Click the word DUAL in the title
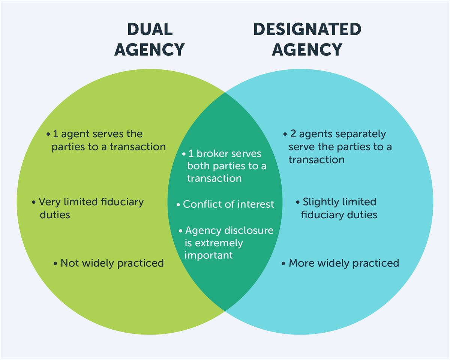150,30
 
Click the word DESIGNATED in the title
307,30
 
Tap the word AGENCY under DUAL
150,49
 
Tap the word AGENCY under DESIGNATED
307,49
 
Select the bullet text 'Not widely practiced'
112,263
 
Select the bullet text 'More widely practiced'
343,263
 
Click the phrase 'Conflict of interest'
228,204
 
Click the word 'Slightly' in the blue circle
320,202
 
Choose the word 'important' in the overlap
208,255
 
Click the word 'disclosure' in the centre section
249,230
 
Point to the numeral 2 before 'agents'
293,134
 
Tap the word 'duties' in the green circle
55,214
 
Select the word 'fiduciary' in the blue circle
322,214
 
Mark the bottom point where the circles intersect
225,311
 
